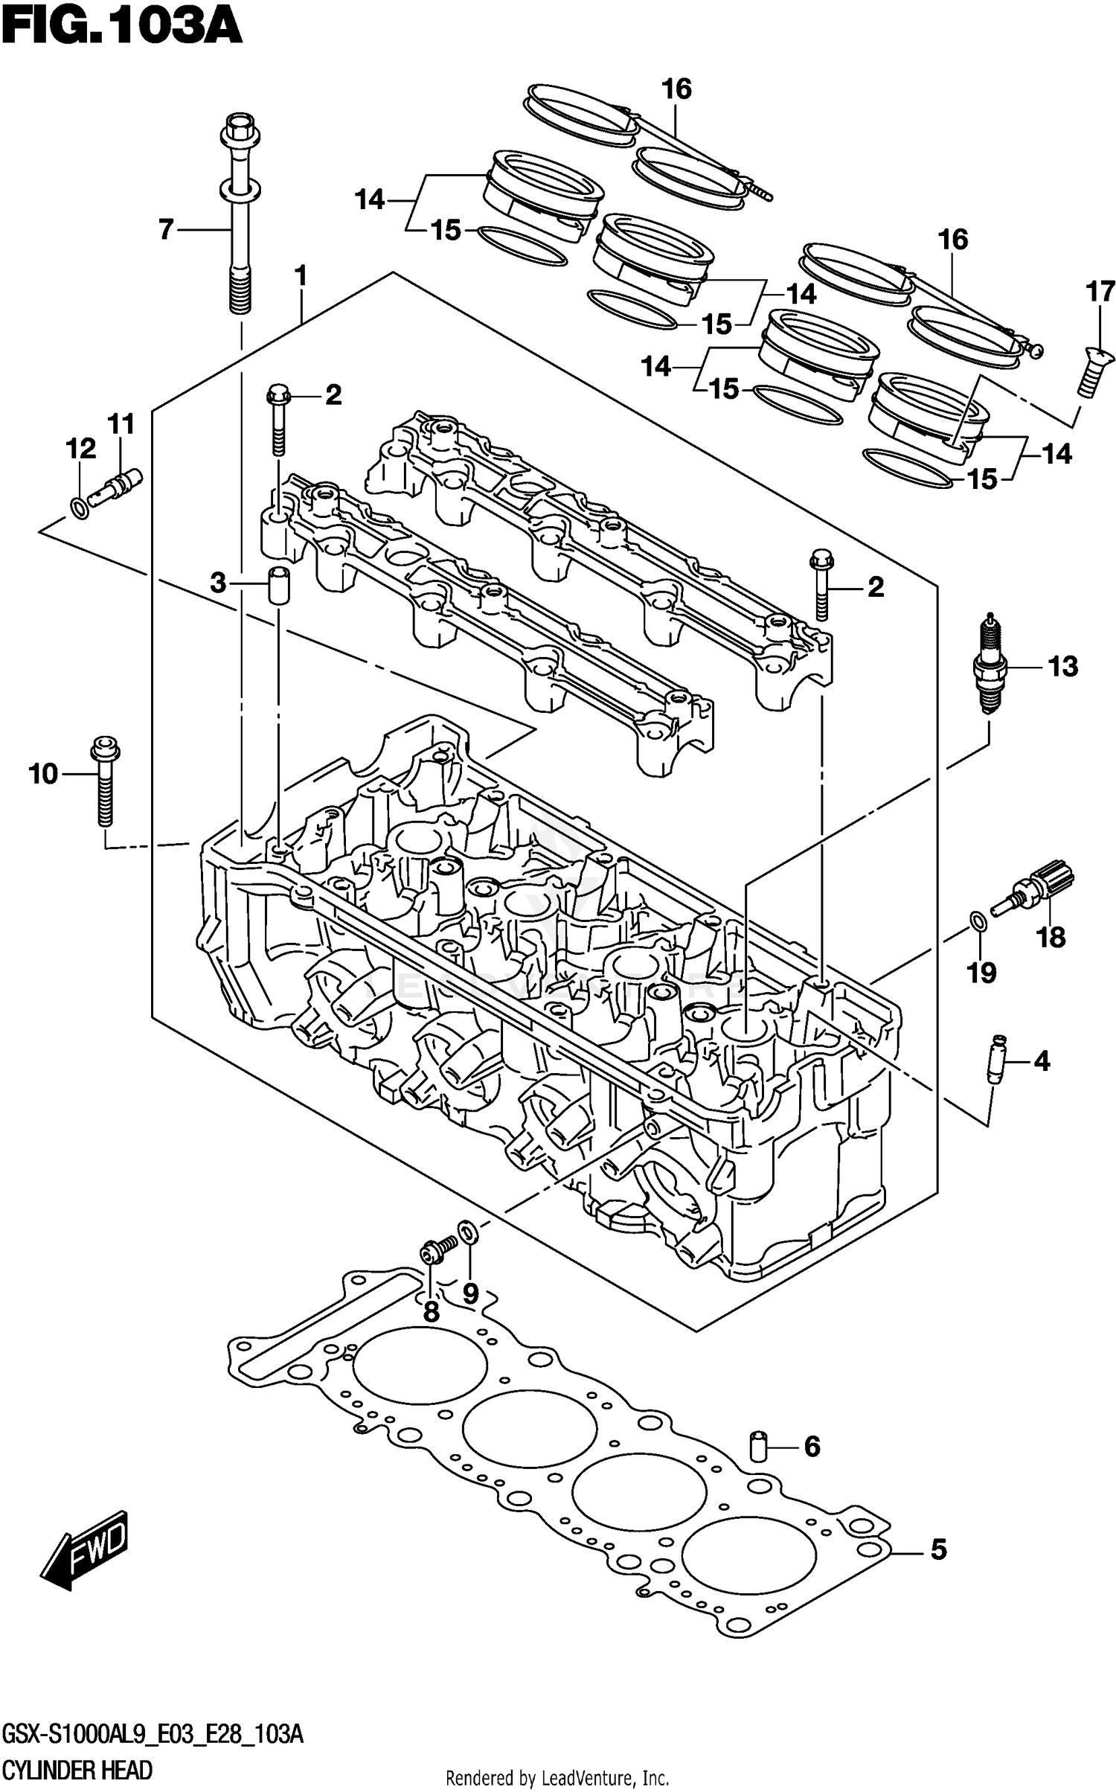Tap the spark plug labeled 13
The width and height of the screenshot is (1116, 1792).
pyautogui.click(x=990, y=662)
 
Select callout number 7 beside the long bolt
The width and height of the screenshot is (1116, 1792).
pyautogui.click(x=165, y=229)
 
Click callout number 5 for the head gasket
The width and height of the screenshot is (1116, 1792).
pyautogui.click(x=938, y=1549)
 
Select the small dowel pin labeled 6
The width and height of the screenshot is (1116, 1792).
pyautogui.click(x=757, y=1445)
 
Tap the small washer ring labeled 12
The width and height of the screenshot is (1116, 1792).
pyautogui.click(x=77, y=509)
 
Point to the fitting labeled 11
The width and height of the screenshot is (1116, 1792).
pyautogui.click(x=116, y=484)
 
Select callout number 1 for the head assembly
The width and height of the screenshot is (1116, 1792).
pyautogui.click(x=300, y=276)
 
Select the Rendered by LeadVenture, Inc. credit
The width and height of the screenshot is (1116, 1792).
pyautogui.click(x=557, y=1779)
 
